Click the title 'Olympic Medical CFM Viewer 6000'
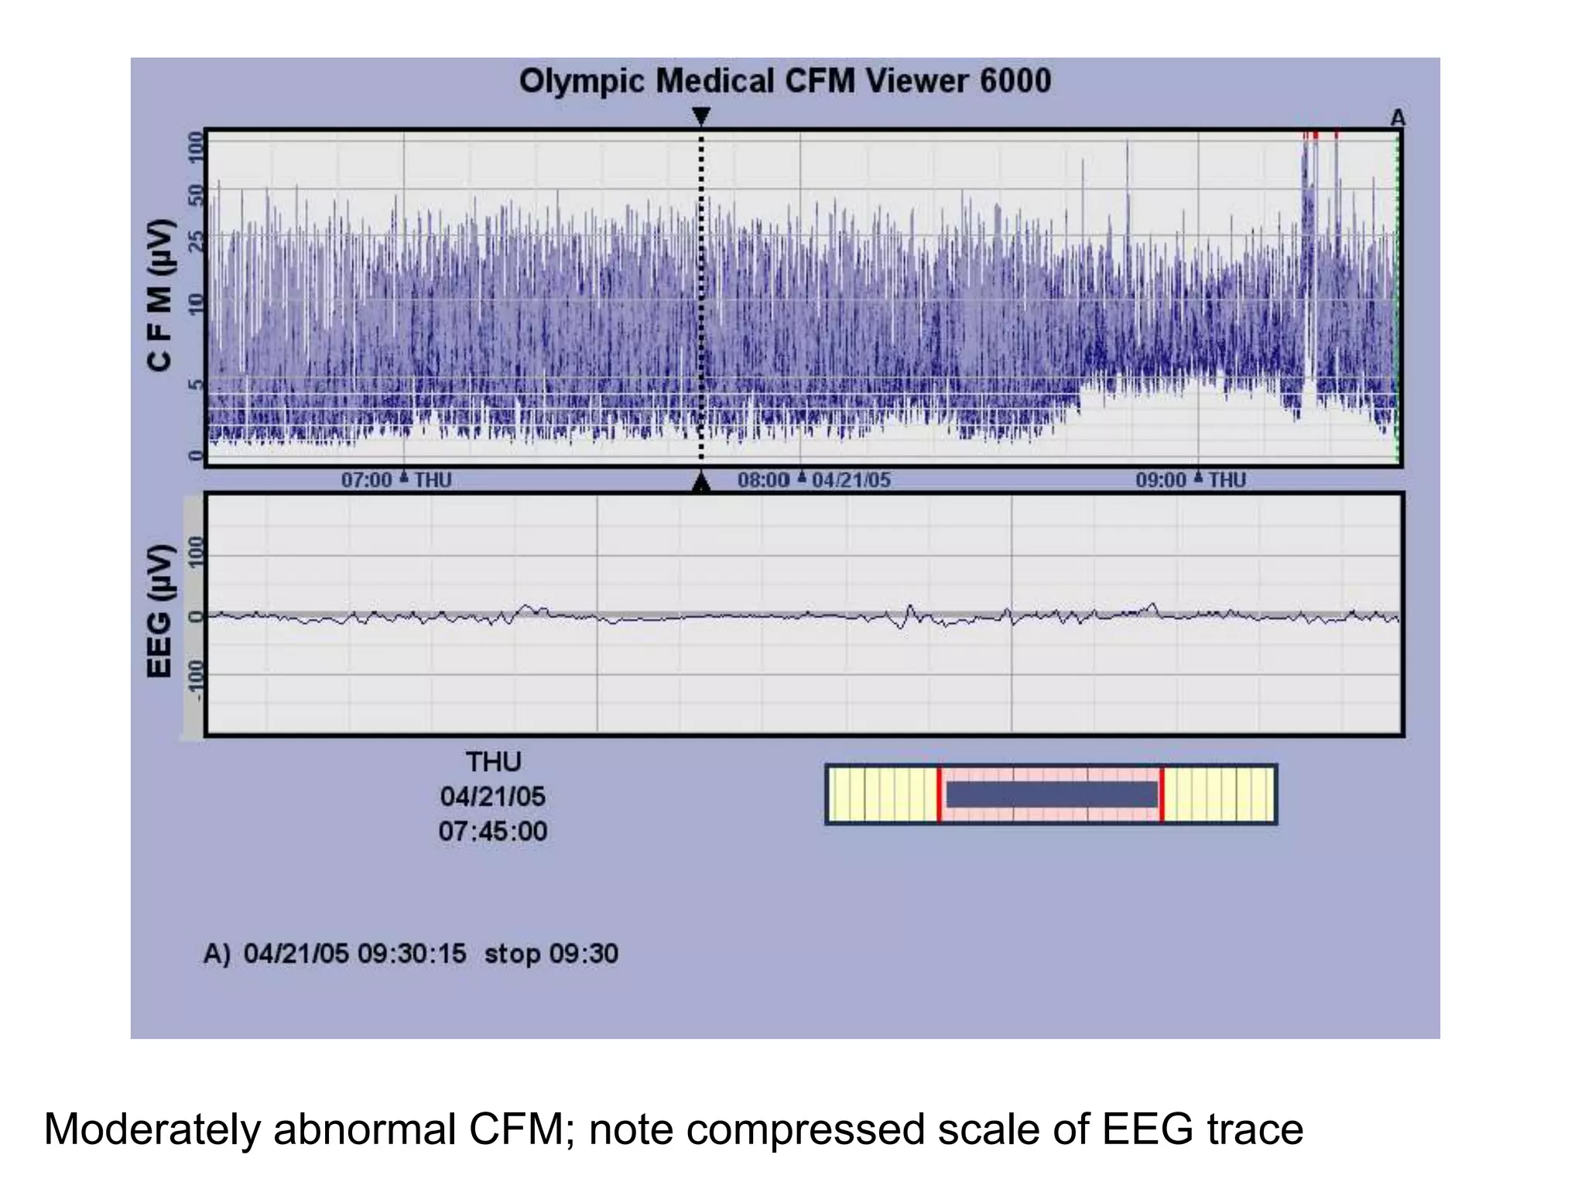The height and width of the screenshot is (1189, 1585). point(785,81)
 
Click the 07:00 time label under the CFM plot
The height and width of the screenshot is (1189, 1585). point(366,481)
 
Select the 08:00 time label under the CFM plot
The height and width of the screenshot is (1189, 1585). point(763,481)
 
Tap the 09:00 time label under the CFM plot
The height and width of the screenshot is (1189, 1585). point(1160,481)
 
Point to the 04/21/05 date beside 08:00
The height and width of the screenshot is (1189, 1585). point(851,481)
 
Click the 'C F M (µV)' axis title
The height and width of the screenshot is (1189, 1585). point(160,295)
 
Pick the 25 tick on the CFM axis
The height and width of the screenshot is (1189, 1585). point(196,242)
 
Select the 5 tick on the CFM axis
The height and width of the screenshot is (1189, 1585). point(196,385)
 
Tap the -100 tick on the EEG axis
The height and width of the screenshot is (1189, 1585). point(196,680)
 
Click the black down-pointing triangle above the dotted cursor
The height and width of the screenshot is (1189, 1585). point(700,116)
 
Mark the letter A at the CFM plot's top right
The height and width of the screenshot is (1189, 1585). point(1397,118)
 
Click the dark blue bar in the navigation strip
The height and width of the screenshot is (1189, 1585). point(1051,794)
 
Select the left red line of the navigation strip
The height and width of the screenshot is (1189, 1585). point(940,794)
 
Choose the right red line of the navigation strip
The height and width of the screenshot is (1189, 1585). point(1162,794)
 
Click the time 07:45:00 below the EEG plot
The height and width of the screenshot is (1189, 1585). point(493,831)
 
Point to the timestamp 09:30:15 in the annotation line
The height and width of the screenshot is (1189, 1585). point(412,953)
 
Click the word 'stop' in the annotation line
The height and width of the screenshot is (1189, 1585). point(512,953)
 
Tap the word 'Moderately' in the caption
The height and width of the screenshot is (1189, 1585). point(152,1129)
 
